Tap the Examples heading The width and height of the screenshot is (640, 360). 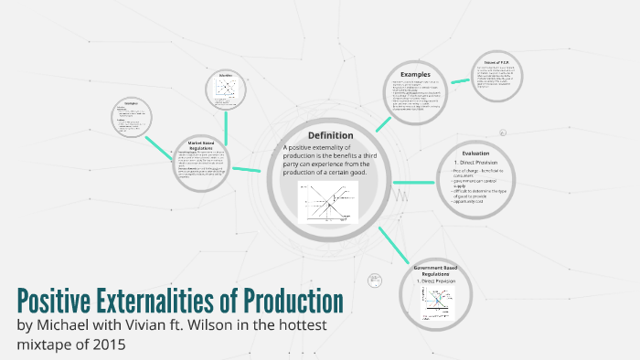(x=414, y=74)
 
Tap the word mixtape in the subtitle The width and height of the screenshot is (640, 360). (x=44, y=345)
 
